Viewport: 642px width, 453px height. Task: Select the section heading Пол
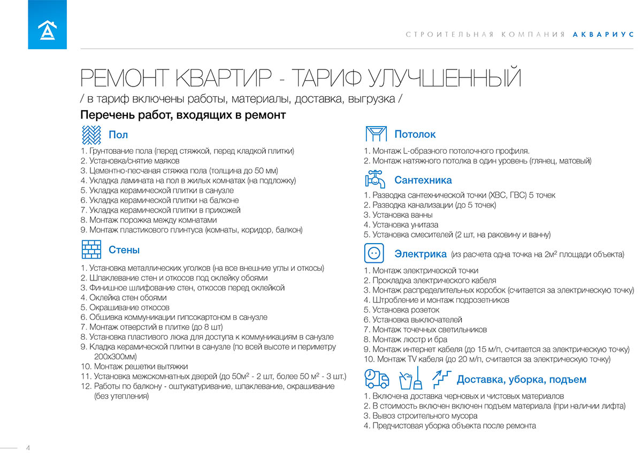pyautogui.click(x=118, y=135)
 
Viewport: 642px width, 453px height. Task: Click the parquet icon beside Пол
pyautogui.click(x=91, y=134)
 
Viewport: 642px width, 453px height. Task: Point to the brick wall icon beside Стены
pyautogui.click(x=91, y=249)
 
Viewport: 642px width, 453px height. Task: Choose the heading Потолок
pyautogui.click(x=415, y=134)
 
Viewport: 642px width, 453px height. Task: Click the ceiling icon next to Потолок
pyautogui.click(x=376, y=134)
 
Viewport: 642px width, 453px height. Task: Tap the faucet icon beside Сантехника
pyautogui.click(x=376, y=179)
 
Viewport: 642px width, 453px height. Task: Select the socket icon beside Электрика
pyautogui.click(x=376, y=253)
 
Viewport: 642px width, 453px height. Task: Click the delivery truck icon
pyautogui.click(x=377, y=378)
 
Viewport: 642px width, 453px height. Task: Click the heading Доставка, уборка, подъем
pyautogui.click(x=521, y=380)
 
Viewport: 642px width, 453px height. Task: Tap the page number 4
pyautogui.click(x=28, y=448)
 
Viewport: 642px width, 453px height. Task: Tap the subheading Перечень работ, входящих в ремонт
pyautogui.click(x=182, y=115)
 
